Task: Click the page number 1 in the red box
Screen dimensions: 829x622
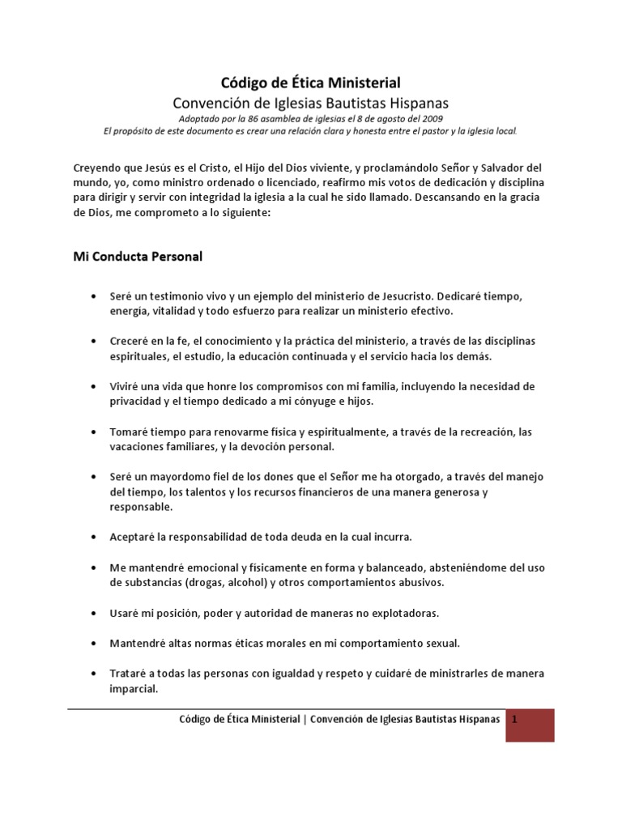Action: coord(514,720)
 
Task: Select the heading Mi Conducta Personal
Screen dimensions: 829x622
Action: coord(133,257)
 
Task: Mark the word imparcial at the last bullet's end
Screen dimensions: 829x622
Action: coord(135,689)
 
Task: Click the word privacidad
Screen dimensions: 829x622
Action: coord(138,401)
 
